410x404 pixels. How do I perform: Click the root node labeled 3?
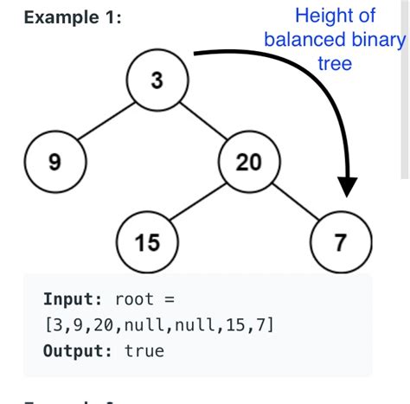coord(157,81)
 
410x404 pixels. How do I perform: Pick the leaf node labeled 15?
coord(148,241)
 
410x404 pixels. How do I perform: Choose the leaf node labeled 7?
coord(342,241)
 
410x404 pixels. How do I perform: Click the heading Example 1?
coord(67,18)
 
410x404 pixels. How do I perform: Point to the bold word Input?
coord(71,299)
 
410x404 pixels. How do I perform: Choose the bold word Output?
coord(77,351)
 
